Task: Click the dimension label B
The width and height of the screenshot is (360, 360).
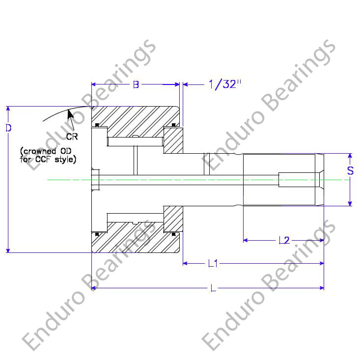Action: click(136, 84)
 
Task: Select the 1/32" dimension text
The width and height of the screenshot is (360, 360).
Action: click(225, 84)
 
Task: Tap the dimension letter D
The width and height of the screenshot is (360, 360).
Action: click(8, 128)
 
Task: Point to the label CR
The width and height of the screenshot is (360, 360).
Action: click(72, 137)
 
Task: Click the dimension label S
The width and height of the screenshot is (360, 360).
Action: click(350, 170)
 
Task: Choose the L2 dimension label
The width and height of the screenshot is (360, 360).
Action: click(284, 240)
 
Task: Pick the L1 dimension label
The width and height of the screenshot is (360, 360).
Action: click(213, 264)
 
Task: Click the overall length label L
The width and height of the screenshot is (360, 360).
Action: click(213, 288)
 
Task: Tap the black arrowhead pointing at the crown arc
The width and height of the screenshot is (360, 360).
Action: click(70, 114)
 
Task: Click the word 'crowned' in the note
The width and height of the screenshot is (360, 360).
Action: click(39, 151)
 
